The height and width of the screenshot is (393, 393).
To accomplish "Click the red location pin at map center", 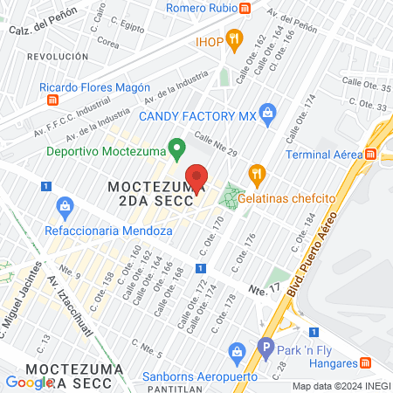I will pos(196,178).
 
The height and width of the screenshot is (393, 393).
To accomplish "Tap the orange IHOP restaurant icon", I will pos(233,38).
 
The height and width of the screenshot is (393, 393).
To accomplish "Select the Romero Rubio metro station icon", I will pos(246,9).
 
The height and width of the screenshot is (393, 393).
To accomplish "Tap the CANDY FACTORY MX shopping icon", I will pos(267,111).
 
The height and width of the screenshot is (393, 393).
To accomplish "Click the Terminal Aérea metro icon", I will pos(370,155).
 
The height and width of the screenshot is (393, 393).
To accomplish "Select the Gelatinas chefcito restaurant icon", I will pos(256,173).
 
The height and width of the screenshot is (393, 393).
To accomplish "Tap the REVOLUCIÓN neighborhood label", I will pos(58,55).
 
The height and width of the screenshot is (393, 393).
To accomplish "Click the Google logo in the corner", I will pos(28,383).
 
